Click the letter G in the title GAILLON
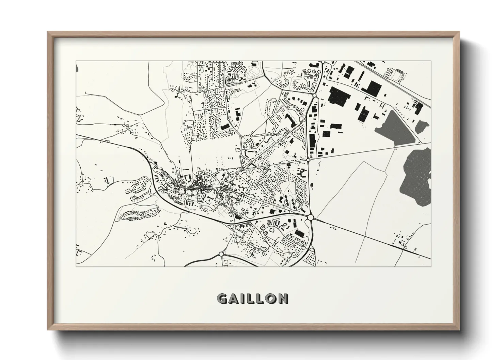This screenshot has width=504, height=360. [x=223, y=299]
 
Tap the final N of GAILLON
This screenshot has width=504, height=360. [x=282, y=299]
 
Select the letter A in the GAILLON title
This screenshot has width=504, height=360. [x=234, y=299]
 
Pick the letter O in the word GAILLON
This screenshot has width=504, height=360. [x=270, y=299]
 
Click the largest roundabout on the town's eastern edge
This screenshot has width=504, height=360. [x=310, y=217]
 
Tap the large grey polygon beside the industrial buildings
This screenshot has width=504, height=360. [x=395, y=128]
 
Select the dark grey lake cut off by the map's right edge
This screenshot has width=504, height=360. [x=417, y=174]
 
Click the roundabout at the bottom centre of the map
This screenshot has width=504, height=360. [x=222, y=254]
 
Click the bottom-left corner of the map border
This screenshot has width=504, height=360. [x=76, y=266]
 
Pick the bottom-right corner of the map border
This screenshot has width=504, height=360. [x=431, y=266]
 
